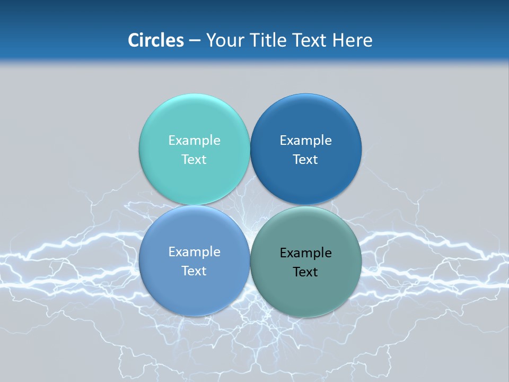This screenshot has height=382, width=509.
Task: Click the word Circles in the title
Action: coord(156,40)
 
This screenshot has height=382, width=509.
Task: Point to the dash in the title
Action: coord(195,41)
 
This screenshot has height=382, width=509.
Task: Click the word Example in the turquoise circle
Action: coord(194,141)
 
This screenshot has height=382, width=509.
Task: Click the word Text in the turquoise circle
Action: coord(194,160)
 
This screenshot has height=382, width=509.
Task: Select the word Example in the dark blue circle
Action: coord(305,141)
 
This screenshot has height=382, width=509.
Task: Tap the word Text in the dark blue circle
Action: coord(305,160)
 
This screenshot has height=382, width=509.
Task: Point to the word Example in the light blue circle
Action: coord(194,252)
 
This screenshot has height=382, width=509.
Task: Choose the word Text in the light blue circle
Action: coord(194,271)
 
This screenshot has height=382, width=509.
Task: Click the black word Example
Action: coord(305,253)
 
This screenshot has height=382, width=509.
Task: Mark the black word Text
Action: coord(305,272)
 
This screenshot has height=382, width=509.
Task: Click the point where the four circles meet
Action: coord(250,205)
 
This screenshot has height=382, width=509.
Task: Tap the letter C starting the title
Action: coord(133,40)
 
